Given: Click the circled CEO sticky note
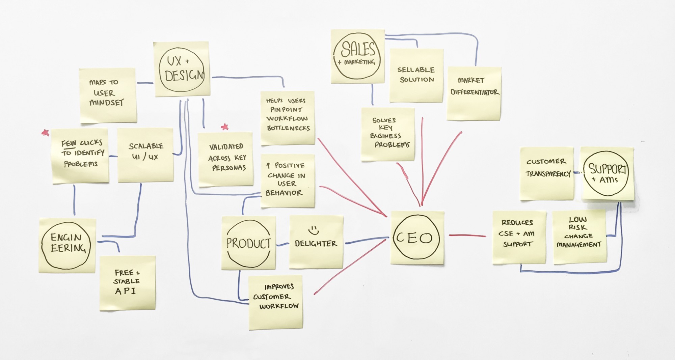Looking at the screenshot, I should point(416,238).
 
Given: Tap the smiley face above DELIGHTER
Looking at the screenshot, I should point(314,230).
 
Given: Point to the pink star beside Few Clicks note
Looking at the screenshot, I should point(45,133).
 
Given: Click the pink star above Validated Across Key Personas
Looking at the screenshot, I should point(225,127).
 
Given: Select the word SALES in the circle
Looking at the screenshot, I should point(358,50).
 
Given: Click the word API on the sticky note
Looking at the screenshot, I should point(125,291).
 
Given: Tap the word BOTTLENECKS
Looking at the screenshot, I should point(288,128).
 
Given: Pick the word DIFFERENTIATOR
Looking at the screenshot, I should point(475,92).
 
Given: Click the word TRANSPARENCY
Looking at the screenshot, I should point(548,174).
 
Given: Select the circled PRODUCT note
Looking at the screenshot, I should point(248,243).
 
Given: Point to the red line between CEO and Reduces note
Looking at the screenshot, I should point(467,236).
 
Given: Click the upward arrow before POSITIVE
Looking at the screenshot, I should point(268,165).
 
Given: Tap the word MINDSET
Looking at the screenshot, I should point(107,103).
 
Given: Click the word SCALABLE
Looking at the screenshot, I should point(146,146).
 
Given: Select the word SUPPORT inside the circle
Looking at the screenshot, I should point(607,169).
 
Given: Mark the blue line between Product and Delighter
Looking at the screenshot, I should point(282,244).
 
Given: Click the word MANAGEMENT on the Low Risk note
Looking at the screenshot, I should point(579,245).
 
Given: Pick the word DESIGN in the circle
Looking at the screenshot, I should point(184,75).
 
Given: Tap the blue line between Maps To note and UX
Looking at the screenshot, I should point(145,83).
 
